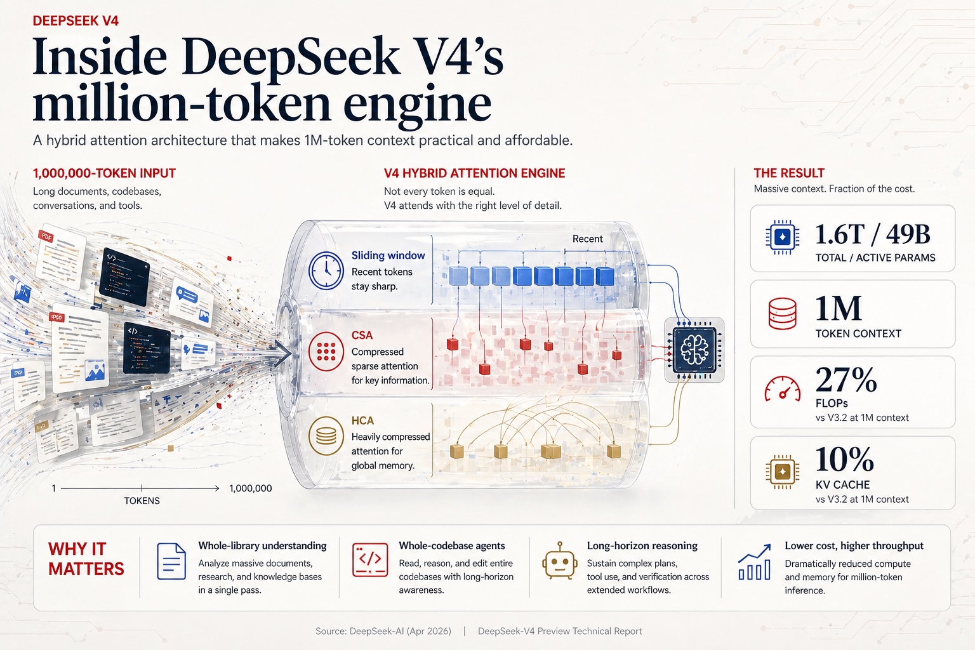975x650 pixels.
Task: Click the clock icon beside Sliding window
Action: tap(326, 270)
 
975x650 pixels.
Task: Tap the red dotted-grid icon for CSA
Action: tap(326, 350)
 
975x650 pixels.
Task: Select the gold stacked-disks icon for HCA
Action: tap(326, 436)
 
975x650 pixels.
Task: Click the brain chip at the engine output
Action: tap(694, 350)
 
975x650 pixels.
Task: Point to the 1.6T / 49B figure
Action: tap(872, 235)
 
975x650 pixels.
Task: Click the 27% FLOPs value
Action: tap(846, 380)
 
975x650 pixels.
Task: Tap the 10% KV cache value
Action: tap(844, 459)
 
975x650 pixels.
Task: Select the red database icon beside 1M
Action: tap(782, 314)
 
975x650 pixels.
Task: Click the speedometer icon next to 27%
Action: tap(782, 389)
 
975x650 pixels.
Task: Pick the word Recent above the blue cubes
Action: tap(587, 239)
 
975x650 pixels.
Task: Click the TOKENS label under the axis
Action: tap(142, 501)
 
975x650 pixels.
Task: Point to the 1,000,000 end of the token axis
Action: tap(250, 488)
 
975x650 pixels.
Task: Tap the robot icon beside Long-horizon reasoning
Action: tap(559, 560)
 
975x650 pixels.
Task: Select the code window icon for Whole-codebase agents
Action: tap(370, 560)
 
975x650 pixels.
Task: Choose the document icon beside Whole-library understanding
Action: tap(171, 561)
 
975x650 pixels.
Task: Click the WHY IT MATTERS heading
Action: tap(86, 559)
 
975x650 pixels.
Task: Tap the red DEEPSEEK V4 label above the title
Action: tap(76, 21)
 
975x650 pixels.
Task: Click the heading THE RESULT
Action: tap(788, 173)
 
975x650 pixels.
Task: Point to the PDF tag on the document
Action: tap(46, 237)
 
